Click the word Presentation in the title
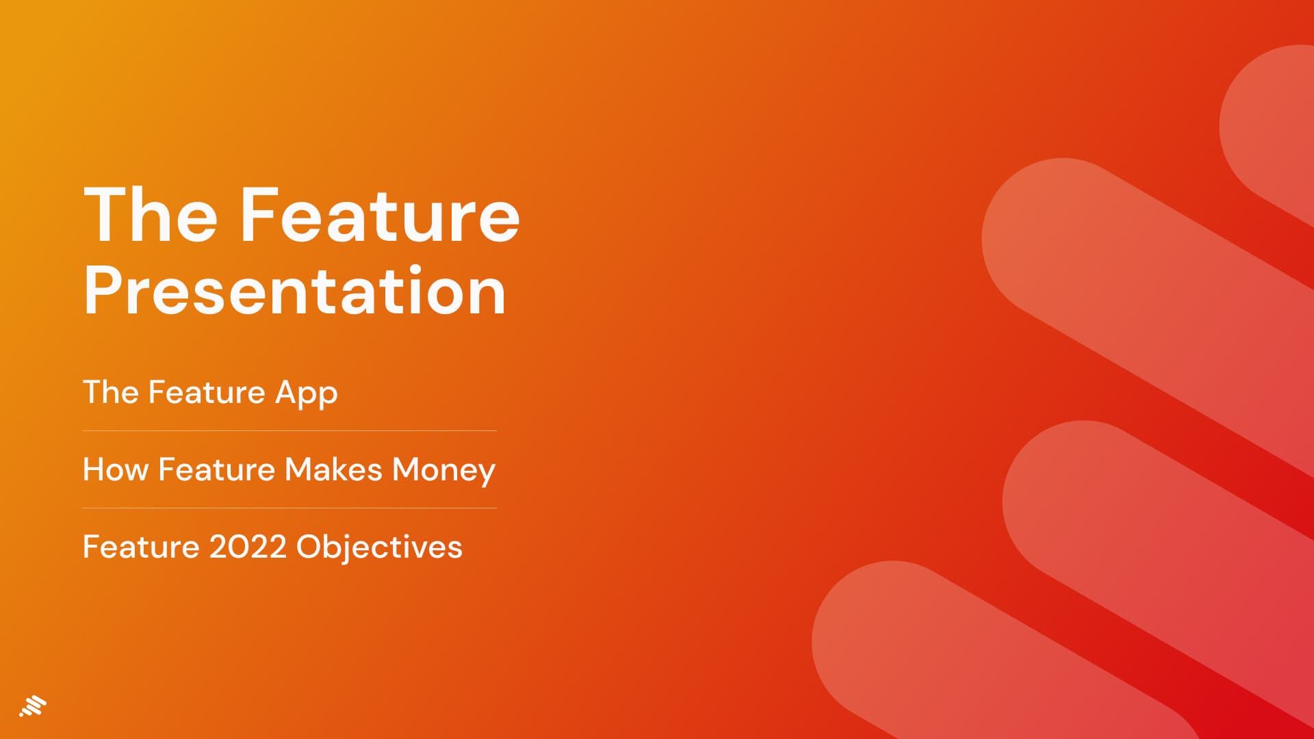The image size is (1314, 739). click(295, 291)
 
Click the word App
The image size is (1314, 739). click(306, 393)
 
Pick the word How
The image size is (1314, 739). click(116, 469)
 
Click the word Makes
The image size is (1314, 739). click(333, 469)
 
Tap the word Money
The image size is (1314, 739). click(443, 471)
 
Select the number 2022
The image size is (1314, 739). click(248, 547)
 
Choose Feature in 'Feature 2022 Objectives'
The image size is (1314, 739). click(141, 547)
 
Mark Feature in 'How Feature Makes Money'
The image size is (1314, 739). click(216, 469)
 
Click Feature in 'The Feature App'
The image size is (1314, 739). click(207, 392)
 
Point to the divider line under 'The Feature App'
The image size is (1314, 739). click(289, 430)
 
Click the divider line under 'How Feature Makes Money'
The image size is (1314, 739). click(289, 508)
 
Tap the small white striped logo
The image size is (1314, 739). click(33, 707)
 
